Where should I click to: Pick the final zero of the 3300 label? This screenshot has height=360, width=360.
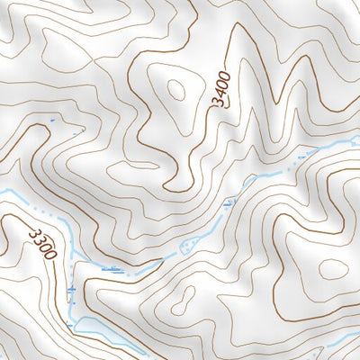point(50,256)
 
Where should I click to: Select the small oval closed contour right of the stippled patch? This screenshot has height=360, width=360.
point(333,269)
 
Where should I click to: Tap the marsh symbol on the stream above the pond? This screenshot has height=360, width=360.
point(72,290)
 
